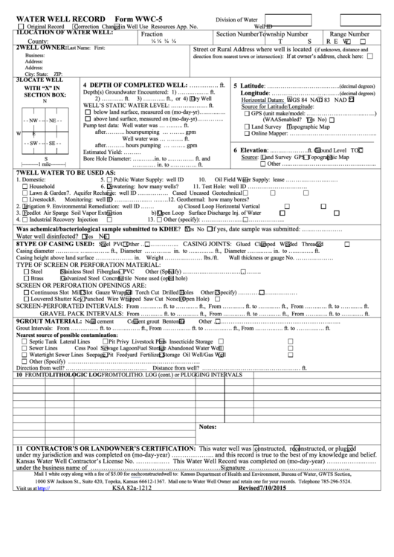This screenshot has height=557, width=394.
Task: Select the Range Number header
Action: (349, 34)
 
